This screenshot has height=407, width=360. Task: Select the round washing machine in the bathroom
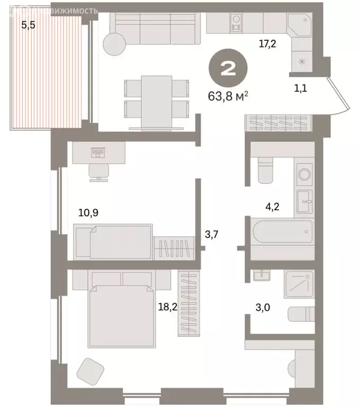pos(304,174)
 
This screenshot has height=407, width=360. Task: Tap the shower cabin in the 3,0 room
pos(299,284)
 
